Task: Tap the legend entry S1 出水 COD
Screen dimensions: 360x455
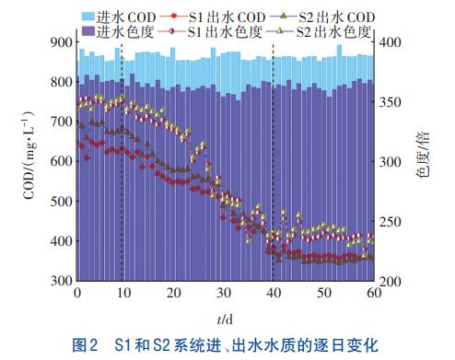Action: (x=214, y=17)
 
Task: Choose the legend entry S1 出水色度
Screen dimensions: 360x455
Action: (x=214, y=30)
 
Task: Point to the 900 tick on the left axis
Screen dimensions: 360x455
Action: (x=60, y=42)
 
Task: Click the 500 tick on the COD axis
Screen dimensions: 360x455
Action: (x=60, y=201)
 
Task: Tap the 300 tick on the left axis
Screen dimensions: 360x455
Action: (x=60, y=280)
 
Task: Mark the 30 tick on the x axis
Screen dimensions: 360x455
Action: (x=224, y=292)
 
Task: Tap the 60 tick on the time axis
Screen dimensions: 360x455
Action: (x=372, y=292)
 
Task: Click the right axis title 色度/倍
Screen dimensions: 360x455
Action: (x=423, y=161)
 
